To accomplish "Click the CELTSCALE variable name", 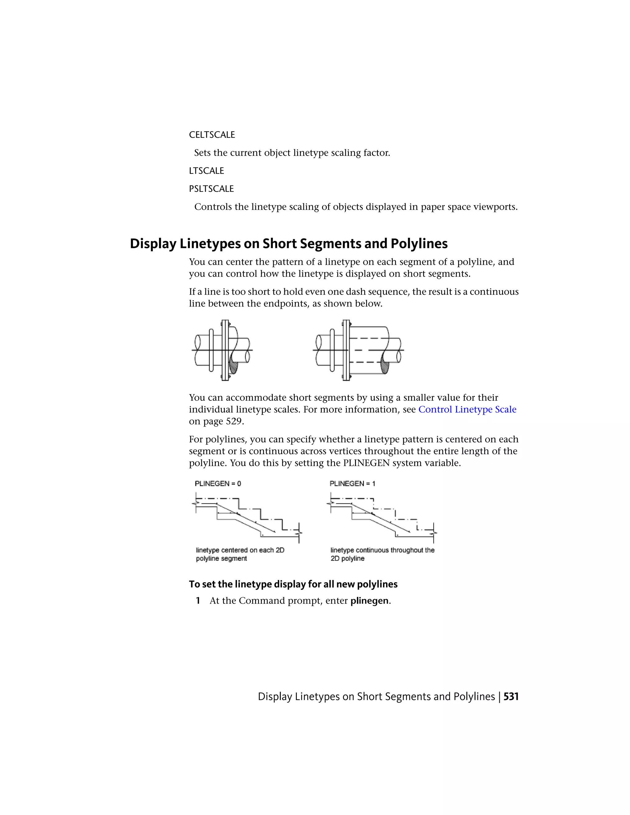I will [212, 135].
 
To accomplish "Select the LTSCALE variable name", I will [206, 171].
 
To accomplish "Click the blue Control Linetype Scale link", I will [467, 409].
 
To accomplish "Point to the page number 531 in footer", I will [511, 697].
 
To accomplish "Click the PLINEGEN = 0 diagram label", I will [217, 484].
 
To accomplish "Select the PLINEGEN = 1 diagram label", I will [352, 484].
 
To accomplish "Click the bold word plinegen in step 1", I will [369, 601].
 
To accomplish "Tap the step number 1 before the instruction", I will [198, 601].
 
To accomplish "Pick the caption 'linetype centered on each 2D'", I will [240, 550].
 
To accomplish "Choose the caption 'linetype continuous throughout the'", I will [382, 550].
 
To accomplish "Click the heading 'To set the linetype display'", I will [293, 584].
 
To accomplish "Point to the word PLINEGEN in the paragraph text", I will [366, 463].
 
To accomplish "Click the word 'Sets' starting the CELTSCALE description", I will [202, 153].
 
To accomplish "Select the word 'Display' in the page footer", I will [275, 697].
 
